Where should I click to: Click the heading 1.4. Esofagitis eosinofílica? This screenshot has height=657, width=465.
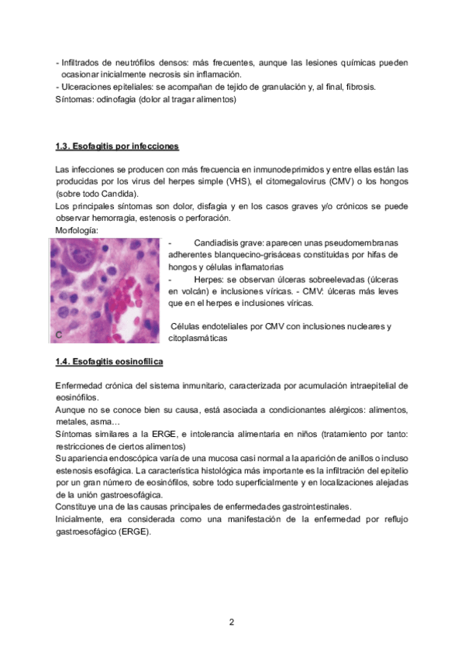[x=108, y=362]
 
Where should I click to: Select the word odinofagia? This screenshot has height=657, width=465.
[x=126, y=99]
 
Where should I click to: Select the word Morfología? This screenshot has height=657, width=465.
[x=77, y=231]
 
